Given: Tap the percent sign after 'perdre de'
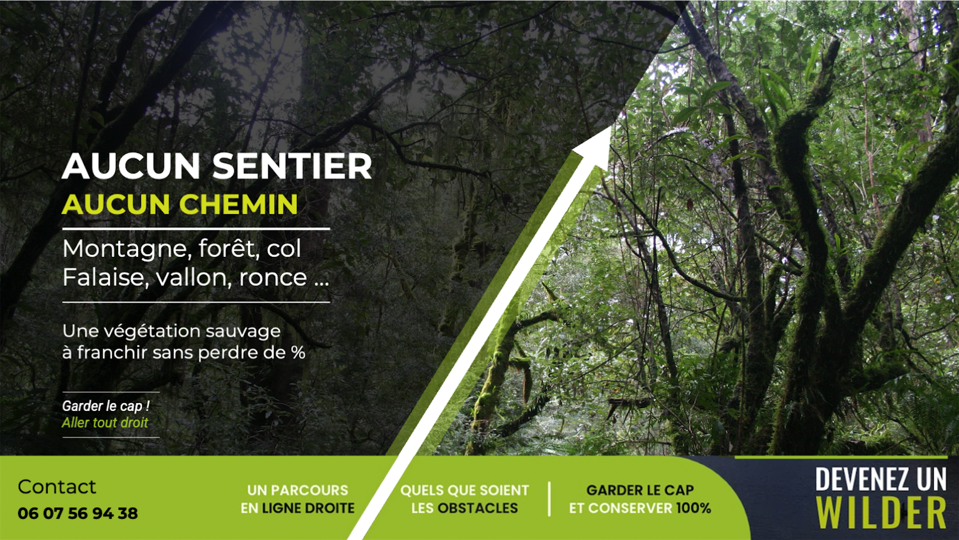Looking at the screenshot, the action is tap(299, 353).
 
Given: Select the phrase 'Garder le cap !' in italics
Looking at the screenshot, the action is tap(106, 406).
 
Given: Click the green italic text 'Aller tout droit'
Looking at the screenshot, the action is tap(105, 422).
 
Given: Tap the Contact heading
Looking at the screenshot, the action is tap(57, 487).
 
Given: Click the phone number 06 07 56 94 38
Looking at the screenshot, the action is tap(78, 513).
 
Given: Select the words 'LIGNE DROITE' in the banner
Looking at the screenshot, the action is tap(308, 508).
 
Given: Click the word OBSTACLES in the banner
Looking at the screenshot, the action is tap(477, 508).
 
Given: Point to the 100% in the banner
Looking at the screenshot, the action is tap(694, 508).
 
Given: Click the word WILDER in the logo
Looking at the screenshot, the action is tap(881, 513).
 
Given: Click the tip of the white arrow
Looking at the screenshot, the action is tap(611, 126).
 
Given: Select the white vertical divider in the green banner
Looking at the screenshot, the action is tap(549, 499).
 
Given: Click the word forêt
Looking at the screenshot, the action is tap(229, 248).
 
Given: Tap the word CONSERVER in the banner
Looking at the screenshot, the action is tap(630, 508).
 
